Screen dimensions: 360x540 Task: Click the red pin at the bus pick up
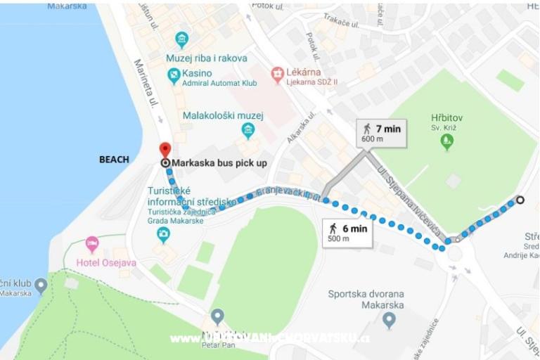coord(165,149)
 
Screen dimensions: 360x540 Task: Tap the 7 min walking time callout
coord(380,133)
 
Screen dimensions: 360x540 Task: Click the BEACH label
coord(114,160)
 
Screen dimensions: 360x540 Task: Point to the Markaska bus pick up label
coord(219,162)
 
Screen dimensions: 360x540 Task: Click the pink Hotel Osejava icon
coord(92,244)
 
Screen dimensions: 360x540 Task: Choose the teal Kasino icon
coord(174,75)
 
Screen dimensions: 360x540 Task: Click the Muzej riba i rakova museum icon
coord(182,39)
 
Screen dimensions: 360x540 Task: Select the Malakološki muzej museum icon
coord(247,130)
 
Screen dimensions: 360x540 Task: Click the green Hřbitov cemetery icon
coord(446,142)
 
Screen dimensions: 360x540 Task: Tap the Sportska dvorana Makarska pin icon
coord(389,321)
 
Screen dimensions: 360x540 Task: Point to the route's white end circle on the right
coord(520,200)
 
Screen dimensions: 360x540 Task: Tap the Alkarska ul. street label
coord(301,127)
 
